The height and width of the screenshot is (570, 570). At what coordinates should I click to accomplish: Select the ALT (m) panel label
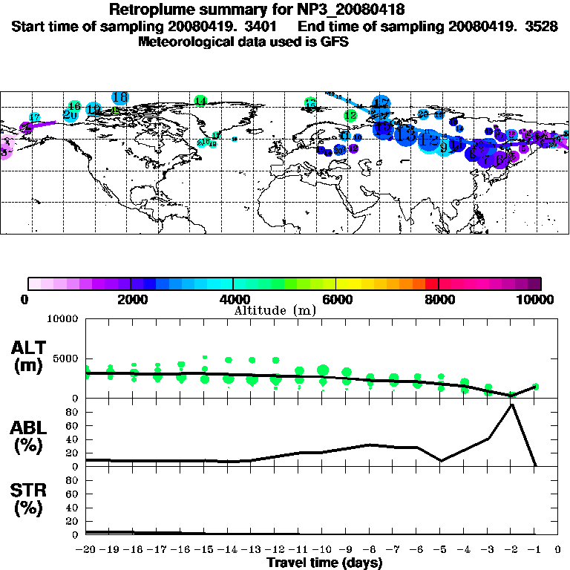30,356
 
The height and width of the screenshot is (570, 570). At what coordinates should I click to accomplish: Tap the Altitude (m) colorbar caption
275,310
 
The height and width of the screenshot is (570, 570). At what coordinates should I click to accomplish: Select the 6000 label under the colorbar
336,299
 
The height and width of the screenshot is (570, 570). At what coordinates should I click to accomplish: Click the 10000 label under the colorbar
537,299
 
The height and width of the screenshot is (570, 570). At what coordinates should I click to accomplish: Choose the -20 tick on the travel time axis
86,550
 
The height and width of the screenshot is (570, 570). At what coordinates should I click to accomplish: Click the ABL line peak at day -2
512,404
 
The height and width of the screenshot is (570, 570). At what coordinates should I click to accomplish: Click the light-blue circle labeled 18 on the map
120,97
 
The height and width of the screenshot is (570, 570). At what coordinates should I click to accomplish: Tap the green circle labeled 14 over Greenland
200,101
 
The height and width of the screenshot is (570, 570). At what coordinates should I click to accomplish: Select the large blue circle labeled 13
405,134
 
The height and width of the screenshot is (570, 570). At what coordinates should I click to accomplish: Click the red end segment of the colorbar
431,284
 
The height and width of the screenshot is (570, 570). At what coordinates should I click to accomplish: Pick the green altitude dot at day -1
535,387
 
